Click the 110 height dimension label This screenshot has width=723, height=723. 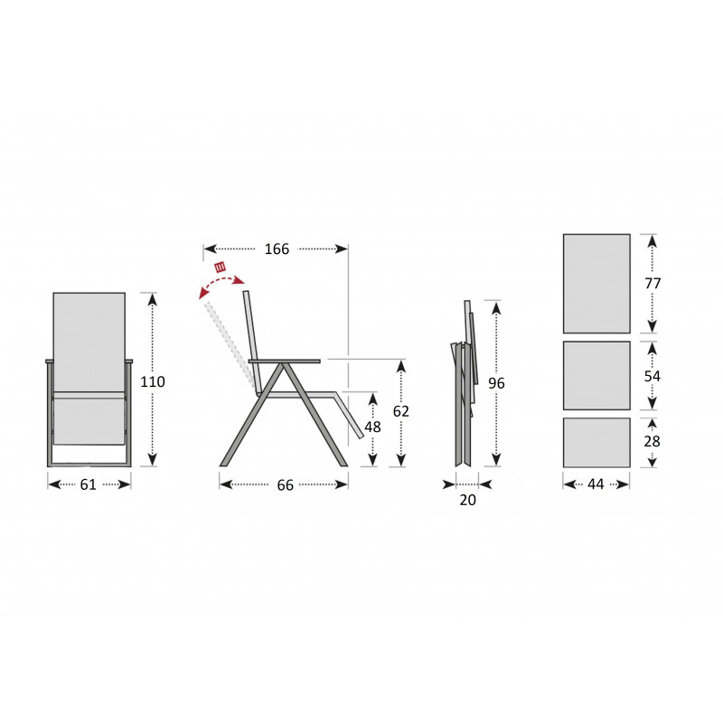click(153, 381)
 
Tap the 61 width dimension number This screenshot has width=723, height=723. click(88, 484)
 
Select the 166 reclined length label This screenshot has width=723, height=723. click(277, 249)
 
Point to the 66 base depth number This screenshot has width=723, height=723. click(285, 485)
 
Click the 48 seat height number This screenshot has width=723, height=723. click(372, 427)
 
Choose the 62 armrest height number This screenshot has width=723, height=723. click(400, 411)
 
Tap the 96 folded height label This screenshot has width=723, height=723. click(496, 383)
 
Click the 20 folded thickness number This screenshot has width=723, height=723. click(467, 500)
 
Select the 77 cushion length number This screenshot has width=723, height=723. click(653, 283)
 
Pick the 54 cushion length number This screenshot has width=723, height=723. click(652, 376)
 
